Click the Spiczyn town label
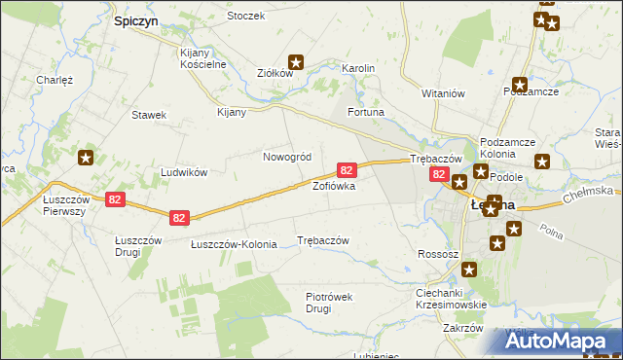[x=136, y=19]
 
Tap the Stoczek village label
[x=245, y=17]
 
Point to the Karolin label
[x=358, y=68]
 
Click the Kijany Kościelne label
[x=203, y=58]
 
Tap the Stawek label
[x=149, y=115]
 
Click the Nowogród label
[x=287, y=157]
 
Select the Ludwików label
[x=184, y=172]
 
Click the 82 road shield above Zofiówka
[x=346, y=169]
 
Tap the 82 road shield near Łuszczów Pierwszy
[x=116, y=199]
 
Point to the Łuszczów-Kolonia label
[x=234, y=244]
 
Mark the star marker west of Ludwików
[x=87, y=158]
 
